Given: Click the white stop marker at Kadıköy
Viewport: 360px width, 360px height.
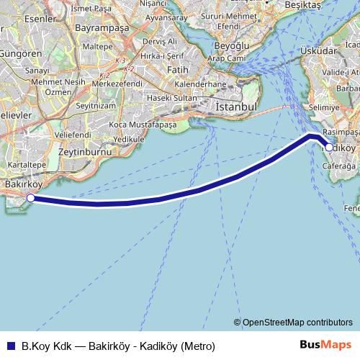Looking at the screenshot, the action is click(329, 147).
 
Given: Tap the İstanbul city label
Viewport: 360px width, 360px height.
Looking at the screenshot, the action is click(235, 107).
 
